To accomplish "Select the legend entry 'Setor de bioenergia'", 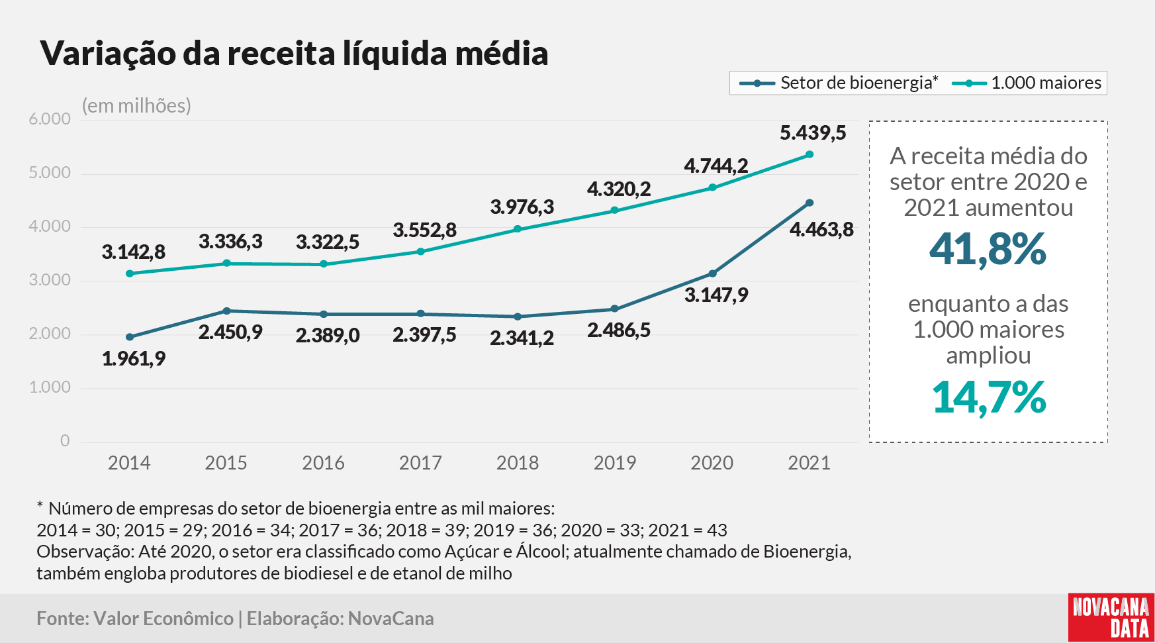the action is tap(839, 83).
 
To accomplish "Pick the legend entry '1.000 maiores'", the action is tap(1027, 83).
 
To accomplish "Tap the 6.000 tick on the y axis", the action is tap(50, 119).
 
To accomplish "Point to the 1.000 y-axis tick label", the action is tap(50, 387).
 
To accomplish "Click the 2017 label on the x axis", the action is tap(420, 463).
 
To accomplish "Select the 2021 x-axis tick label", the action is tap(809, 463).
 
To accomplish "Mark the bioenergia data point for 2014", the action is tap(130, 337).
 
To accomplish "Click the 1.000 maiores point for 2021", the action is tap(809, 154).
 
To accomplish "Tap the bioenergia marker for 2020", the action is tap(713, 273).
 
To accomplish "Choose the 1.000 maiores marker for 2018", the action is tap(518, 229).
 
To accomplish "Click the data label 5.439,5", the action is tap(813, 133).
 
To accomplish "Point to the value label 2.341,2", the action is tap(522, 338).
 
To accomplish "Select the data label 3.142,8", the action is tap(134, 252).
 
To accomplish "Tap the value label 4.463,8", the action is tap(821, 230).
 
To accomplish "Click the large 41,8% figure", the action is tap(988, 250).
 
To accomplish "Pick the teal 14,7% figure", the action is tap(989, 398).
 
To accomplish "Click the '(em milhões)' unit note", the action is tap(136, 106).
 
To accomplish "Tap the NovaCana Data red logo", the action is tap(1111, 617).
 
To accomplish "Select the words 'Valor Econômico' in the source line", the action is tap(163, 618).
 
